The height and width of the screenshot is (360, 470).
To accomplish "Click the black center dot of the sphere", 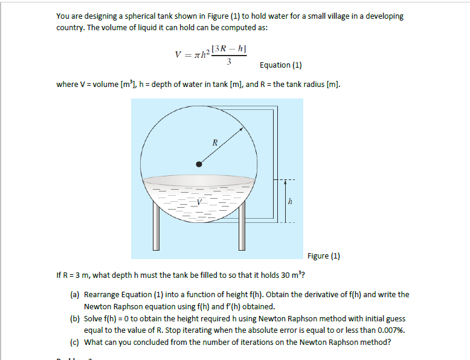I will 199,163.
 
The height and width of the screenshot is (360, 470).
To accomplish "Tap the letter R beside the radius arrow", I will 214,143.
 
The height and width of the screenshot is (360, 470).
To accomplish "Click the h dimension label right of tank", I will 291,202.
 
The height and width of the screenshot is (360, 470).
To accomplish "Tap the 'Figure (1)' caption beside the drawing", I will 323,256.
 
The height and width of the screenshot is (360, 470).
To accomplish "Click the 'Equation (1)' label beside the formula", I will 280,65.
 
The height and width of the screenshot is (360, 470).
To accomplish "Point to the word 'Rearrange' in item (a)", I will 102,295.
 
